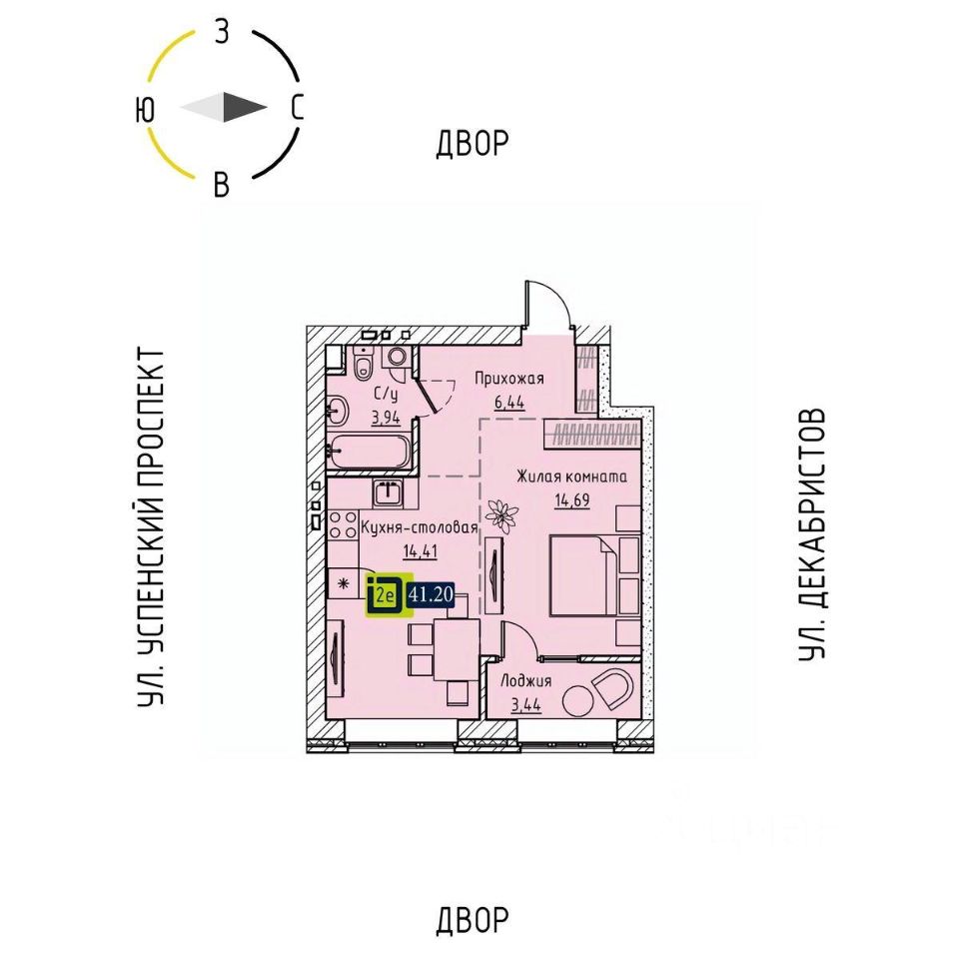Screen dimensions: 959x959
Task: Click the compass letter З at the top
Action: [222, 32]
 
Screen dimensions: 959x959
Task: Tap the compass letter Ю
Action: [146, 109]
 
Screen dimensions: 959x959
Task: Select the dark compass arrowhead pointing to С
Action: [244, 107]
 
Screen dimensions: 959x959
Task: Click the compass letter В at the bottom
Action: [222, 185]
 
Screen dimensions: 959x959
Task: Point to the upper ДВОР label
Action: [473, 144]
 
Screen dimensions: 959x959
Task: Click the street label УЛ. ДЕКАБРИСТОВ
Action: [813, 533]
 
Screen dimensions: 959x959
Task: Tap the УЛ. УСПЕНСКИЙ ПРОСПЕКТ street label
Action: [151, 528]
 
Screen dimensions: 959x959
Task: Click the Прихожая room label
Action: [508, 378]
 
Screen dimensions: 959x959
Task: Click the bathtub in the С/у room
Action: [369, 452]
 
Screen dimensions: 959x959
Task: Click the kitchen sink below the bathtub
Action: [388, 491]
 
